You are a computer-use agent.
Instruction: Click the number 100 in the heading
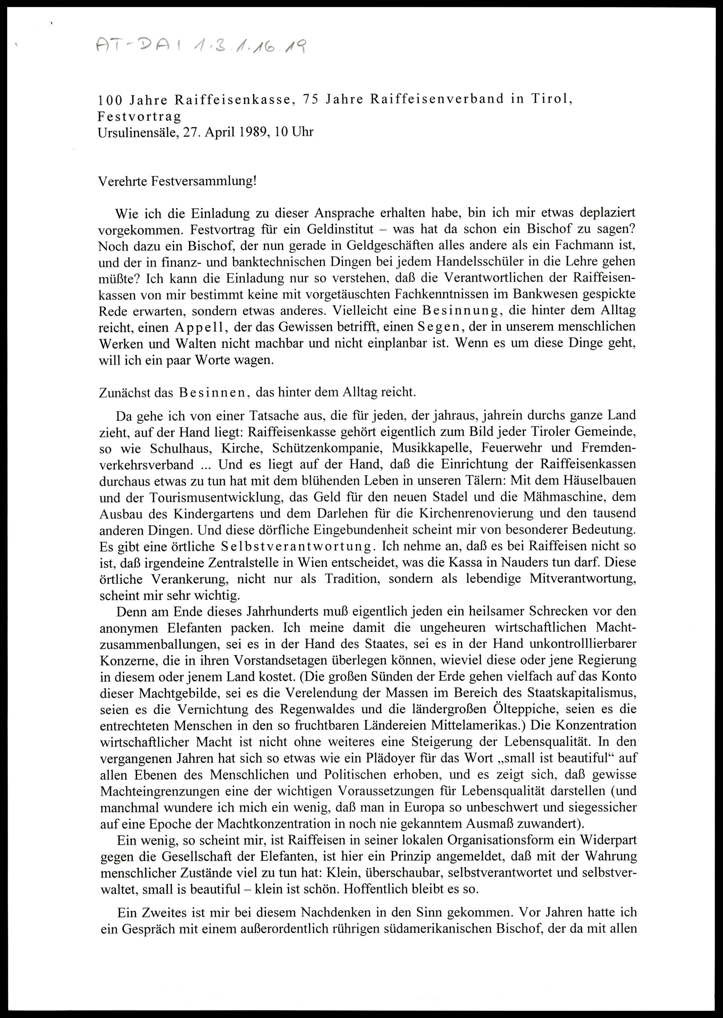click(108, 100)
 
